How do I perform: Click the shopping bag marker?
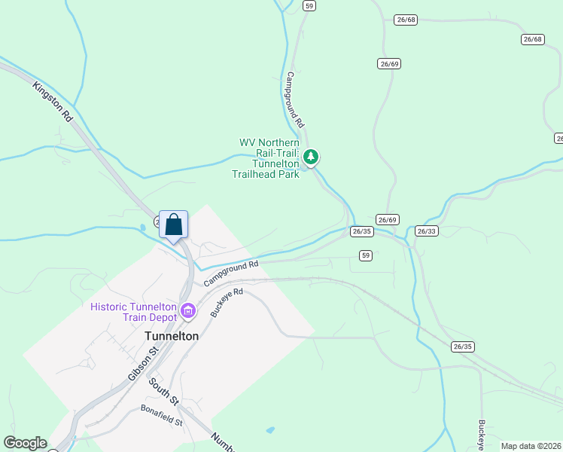click(173, 224)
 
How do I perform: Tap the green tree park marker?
click(311, 157)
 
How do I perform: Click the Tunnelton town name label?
click(171, 336)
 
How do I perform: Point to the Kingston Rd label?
click(52, 102)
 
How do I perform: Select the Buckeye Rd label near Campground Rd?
click(227, 302)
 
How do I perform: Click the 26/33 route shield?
click(426, 231)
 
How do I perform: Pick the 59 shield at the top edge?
click(309, 5)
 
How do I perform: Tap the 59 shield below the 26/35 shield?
click(366, 256)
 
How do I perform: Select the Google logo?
click(25, 443)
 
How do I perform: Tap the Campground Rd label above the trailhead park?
click(294, 98)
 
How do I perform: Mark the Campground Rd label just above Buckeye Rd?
click(232, 272)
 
